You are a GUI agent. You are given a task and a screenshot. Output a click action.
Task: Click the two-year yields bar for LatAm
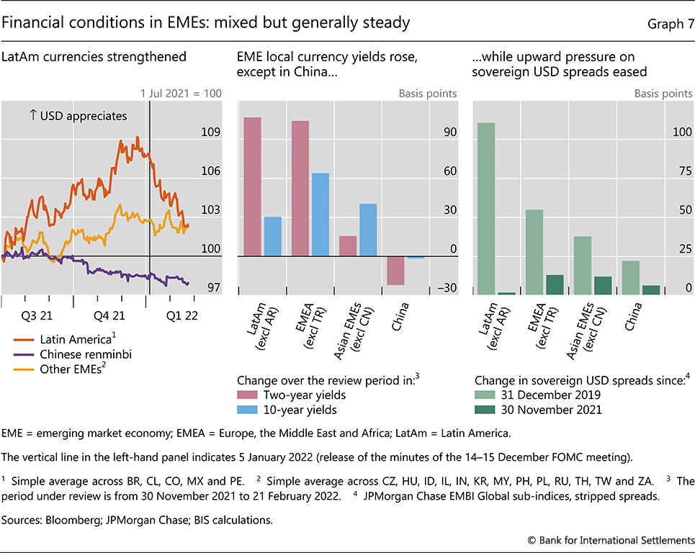click(x=252, y=186)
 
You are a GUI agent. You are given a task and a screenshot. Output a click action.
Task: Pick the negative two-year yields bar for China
click(x=395, y=270)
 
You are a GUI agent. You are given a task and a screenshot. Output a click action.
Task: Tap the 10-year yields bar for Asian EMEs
click(x=368, y=230)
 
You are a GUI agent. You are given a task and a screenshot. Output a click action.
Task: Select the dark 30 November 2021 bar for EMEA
click(x=555, y=284)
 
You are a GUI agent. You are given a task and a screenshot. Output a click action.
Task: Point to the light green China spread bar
click(x=631, y=277)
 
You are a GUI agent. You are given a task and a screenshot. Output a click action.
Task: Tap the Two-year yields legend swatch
click(x=248, y=395)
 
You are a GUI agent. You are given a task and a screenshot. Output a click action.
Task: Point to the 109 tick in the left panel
click(x=211, y=133)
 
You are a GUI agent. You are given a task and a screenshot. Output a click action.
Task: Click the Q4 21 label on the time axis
click(x=109, y=315)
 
